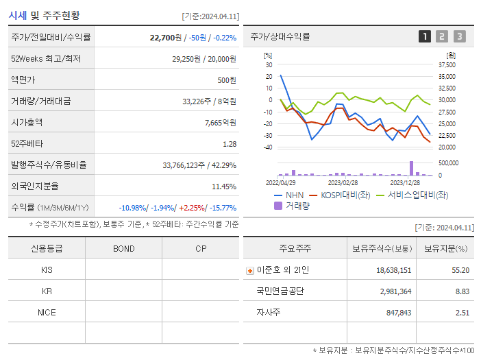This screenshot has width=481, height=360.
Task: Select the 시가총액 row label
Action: coord(27,123)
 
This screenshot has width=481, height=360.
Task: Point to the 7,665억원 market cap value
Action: coord(220,123)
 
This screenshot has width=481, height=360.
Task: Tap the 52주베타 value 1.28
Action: coord(230,144)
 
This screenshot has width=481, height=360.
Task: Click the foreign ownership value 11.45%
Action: coord(223,187)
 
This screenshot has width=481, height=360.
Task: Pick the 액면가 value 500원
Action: coord(226,80)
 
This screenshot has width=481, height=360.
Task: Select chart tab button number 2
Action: coord(442,36)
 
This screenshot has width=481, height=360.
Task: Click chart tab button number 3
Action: coord(459,36)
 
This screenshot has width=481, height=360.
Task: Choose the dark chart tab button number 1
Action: coord(425,36)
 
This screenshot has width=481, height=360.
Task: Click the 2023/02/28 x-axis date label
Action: coord(343,183)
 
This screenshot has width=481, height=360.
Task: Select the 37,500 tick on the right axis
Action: coord(446,64)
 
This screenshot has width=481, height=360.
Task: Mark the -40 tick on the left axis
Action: coord(268,147)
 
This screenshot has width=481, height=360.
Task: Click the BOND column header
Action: coord(124,248)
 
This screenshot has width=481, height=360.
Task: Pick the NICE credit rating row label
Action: coord(47,313)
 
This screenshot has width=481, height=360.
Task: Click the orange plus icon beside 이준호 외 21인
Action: coord(249,270)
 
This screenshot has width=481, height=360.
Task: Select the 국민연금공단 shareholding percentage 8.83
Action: coord(462,291)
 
